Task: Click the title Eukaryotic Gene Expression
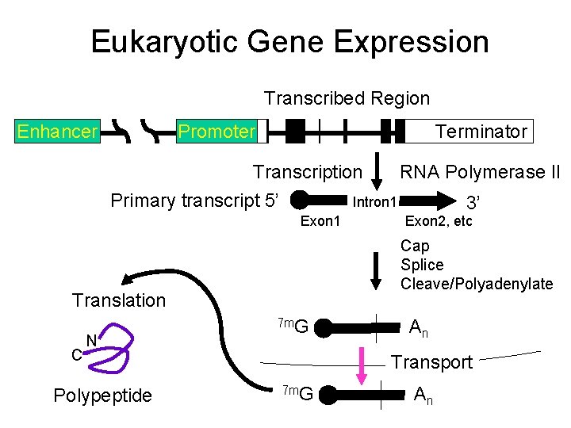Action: click(x=289, y=41)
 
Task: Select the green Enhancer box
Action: click(x=57, y=132)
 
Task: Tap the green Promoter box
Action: click(x=217, y=132)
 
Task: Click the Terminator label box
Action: click(x=481, y=132)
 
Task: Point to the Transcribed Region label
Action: click(x=347, y=98)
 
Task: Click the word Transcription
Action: click(x=307, y=172)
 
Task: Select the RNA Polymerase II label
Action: click(x=479, y=172)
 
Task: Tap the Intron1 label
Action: click(x=374, y=201)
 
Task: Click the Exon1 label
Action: click(x=320, y=221)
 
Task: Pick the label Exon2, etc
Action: click(x=438, y=221)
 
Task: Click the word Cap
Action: click(x=414, y=246)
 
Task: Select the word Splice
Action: click(x=422, y=265)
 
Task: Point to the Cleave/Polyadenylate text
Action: click(x=476, y=284)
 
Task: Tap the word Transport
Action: click(x=432, y=362)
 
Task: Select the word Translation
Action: click(x=119, y=300)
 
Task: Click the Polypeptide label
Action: click(x=102, y=396)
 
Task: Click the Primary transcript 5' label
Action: click(x=194, y=201)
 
